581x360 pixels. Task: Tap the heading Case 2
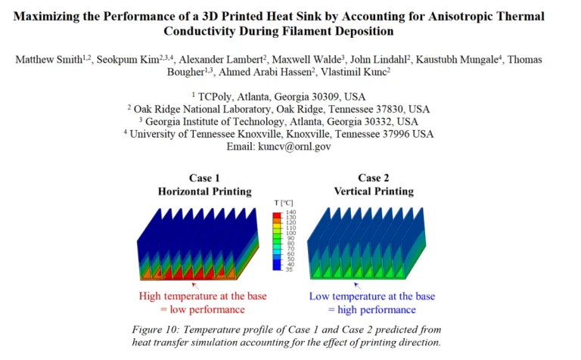pos(369,178)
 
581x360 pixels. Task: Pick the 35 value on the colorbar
pos(288,268)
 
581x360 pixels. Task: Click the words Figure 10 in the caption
pos(157,329)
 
